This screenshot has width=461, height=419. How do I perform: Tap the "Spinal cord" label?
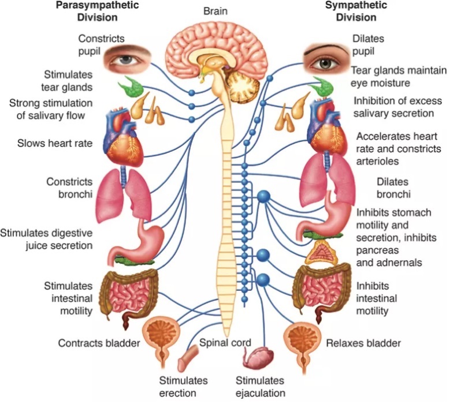[225, 343]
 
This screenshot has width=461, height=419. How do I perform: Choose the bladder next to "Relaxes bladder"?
[302, 343]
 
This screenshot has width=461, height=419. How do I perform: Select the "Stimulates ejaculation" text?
[261, 387]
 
